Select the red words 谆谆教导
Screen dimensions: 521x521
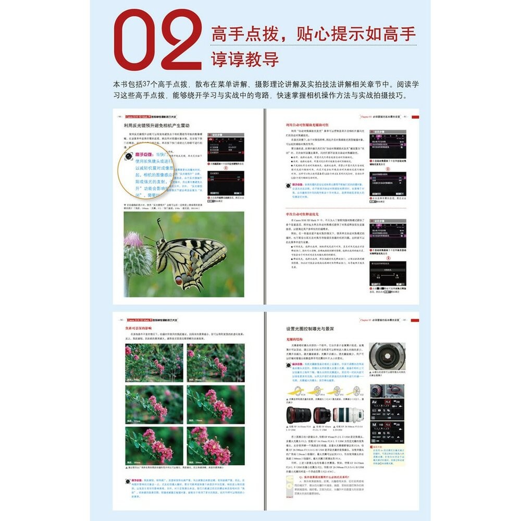pyautogui.click(x=244, y=59)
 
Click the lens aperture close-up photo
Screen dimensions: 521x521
pyautogui.click(x=387, y=357)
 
